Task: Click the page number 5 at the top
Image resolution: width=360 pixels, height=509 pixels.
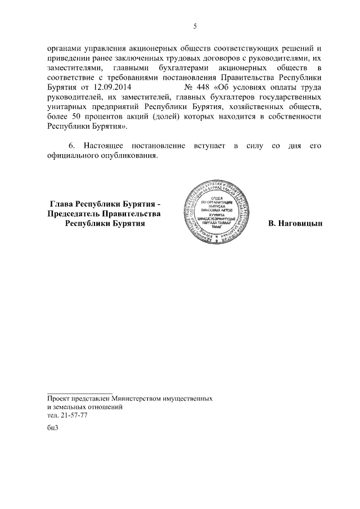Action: [195, 26]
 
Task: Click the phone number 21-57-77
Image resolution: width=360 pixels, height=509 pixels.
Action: [73, 415]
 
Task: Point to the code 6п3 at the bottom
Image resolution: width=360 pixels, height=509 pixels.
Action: [53, 429]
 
